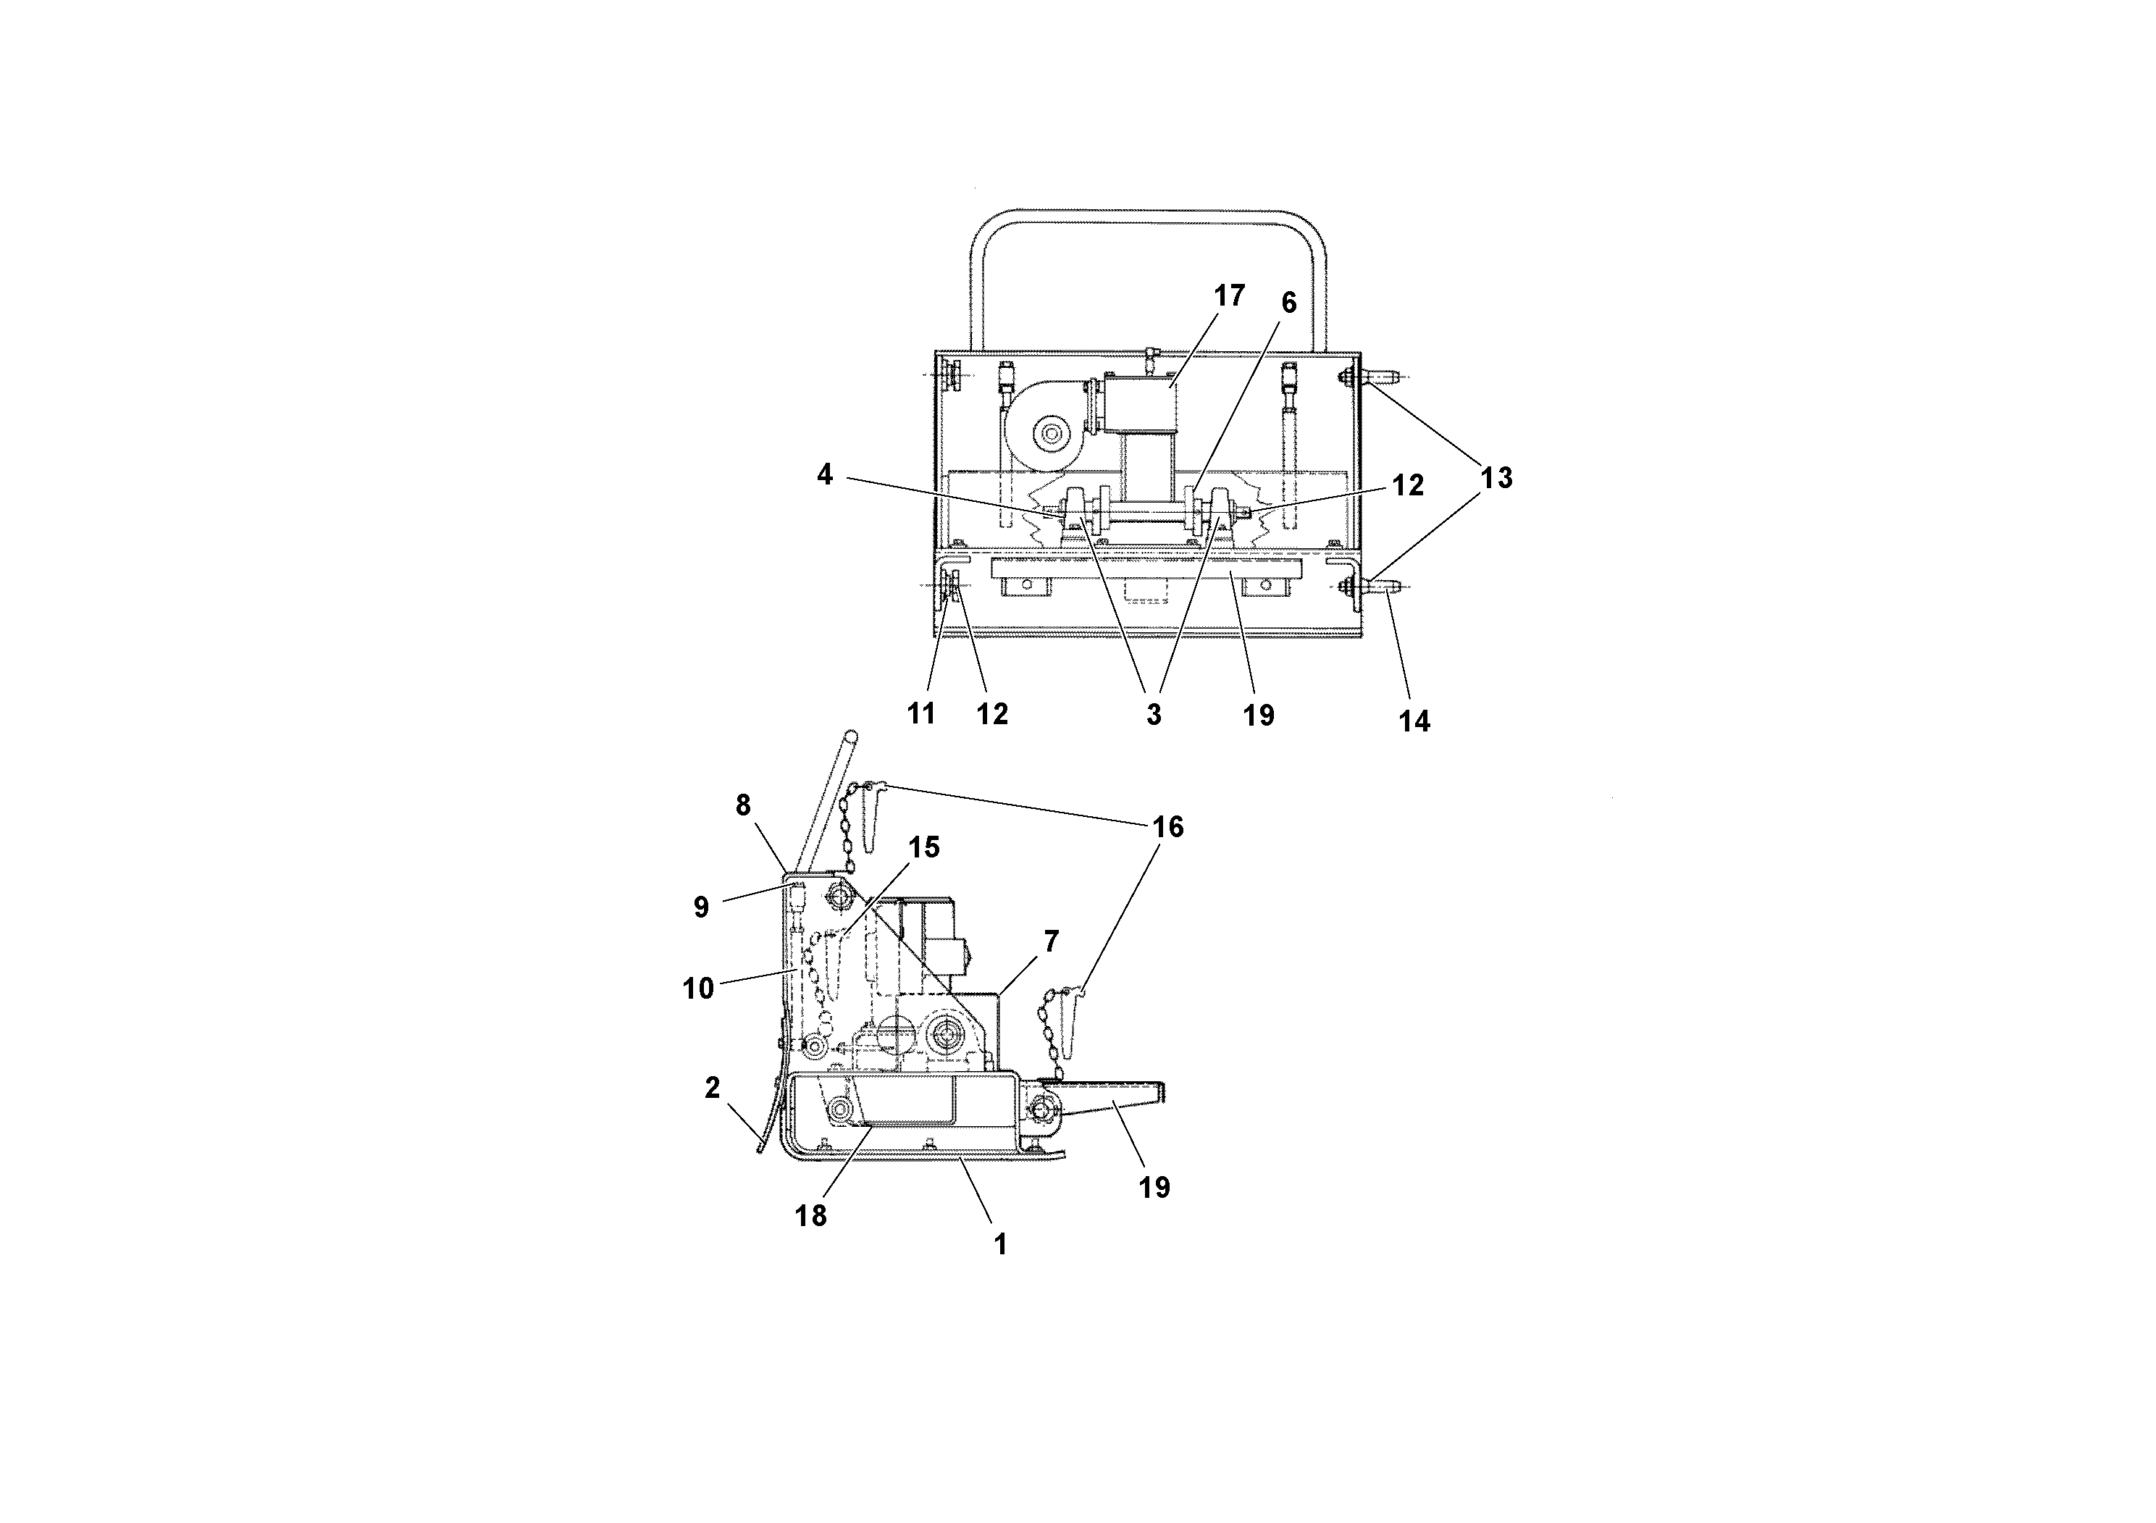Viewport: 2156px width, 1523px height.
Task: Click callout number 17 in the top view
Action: (x=1228, y=295)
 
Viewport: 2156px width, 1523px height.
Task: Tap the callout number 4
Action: (x=824, y=475)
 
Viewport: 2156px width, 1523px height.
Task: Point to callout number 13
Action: (x=1497, y=478)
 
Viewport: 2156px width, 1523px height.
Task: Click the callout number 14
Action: (x=1414, y=721)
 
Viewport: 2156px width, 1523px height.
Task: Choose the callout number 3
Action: (x=1154, y=715)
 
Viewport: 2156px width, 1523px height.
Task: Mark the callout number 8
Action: (x=743, y=805)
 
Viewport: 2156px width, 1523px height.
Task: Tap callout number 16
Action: (x=1168, y=826)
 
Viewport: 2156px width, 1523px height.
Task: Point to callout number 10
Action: (x=699, y=988)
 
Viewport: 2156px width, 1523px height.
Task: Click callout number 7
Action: (x=1051, y=940)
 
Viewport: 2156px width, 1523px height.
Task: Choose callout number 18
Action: (x=810, y=1215)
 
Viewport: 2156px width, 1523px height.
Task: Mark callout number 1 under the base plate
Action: (x=1001, y=1244)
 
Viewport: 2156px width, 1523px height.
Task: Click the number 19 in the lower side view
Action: (x=1154, y=1188)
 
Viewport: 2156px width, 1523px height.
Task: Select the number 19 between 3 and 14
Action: (x=1259, y=716)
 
